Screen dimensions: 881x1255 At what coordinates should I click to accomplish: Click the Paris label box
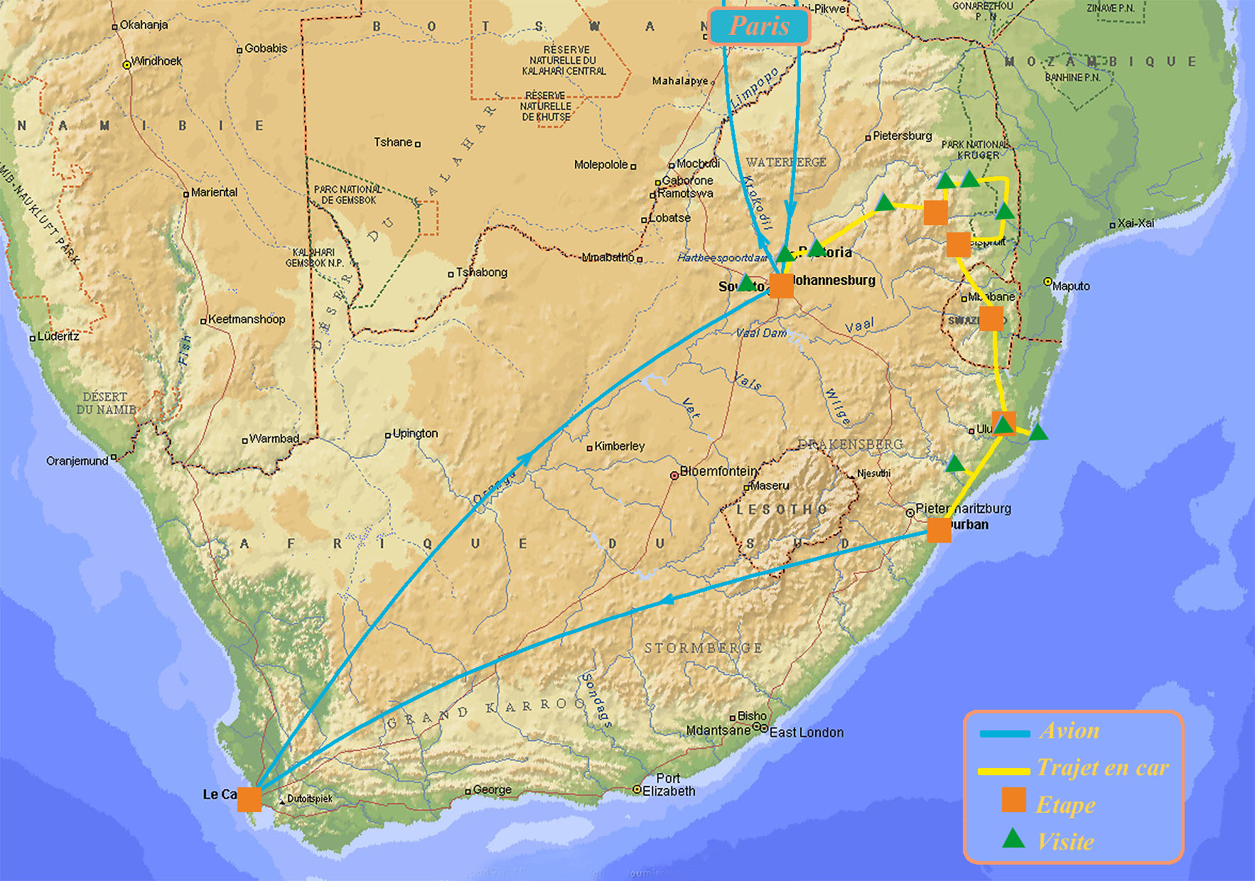759,26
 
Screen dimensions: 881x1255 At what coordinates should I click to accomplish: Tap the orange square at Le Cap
249,799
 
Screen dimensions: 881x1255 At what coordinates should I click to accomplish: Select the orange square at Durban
939,530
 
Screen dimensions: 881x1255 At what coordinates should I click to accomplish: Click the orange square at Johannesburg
782,286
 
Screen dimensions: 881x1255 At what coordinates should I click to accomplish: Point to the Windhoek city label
156,61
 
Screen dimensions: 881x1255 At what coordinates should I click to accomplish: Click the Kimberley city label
619,446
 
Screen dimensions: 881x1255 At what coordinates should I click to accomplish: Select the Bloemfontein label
718,471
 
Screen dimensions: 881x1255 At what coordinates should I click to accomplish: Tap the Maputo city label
1070,286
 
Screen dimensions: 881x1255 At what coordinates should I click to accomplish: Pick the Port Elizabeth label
668,784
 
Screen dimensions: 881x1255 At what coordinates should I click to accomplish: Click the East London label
806,733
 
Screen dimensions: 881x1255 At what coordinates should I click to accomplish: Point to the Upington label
415,433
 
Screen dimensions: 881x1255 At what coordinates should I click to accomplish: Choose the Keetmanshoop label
246,320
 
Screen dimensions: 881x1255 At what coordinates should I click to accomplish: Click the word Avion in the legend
1069,731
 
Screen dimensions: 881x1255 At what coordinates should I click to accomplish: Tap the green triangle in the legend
1013,840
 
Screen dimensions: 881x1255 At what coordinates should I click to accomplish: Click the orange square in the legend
1013,800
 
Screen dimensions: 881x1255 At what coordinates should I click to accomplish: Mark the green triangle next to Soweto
746,283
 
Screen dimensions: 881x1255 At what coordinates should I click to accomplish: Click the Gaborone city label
686,180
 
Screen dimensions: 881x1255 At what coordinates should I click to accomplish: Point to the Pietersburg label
902,136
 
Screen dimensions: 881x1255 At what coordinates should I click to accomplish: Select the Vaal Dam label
761,333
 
